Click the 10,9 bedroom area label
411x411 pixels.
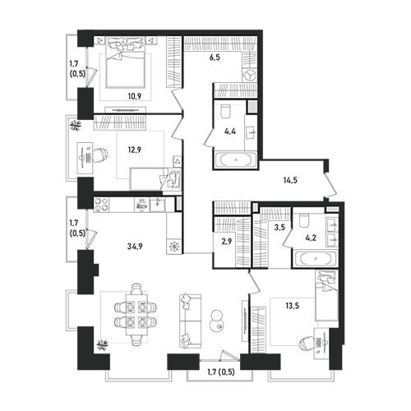pyautogui.click(x=135, y=96)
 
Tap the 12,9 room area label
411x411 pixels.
pyautogui.click(x=135, y=150)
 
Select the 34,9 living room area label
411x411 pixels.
pyautogui.click(x=135, y=247)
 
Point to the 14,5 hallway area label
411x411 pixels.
pyautogui.click(x=290, y=180)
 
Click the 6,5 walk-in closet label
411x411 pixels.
pyautogui.click(x=215, y=58)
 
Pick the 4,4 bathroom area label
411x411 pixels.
pyautogui.click(x=230, y=132)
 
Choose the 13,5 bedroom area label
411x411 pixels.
pyautogui.click(x=293, y=306)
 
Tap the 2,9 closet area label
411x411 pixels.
pyautogui.click(x=227, y=242)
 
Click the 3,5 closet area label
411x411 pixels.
pyautogui.click(x=279, y=228)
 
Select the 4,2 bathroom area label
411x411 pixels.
pyautogui.click(x=311, y=238)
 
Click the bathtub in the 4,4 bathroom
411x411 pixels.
pyautogui.click(x=236, y=159)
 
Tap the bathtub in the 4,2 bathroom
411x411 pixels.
pyautogui.click(x=315, y=258)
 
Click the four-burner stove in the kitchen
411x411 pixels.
pyautogui.click(x=101, y=205)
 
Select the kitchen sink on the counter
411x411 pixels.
pyautogui.click(x=157, y=205)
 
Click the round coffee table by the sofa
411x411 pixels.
pyautogui.click(x=217, y=321)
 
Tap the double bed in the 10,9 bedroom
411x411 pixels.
pyautogui.click(x=125, y=62)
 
